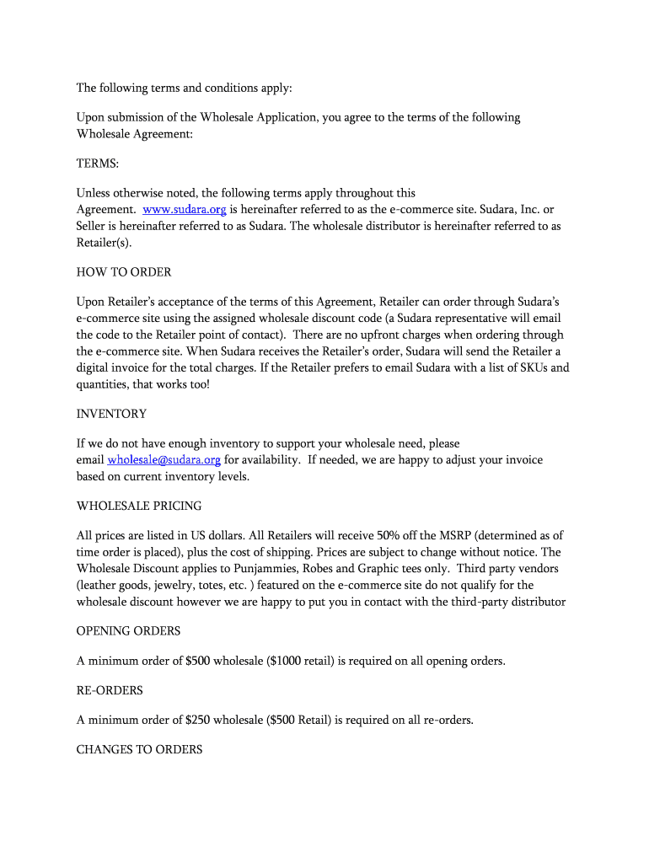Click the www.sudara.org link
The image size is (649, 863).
click(x=185, y=209)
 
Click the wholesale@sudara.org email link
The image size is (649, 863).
click(x=164, y=459)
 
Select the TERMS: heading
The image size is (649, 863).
click(x=97, y=163)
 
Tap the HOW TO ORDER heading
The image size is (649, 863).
click(x=124, y=271)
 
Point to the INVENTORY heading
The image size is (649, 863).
click(x=111, y=414)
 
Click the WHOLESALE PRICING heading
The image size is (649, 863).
click(x=139, y=506)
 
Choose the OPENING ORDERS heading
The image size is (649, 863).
click(x=128, y=631)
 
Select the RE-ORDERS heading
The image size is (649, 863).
click(x=110, y=690)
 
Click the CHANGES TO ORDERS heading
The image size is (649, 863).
click(x=139, y=749)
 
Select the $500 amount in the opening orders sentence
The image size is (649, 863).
click(x=197, y=661)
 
